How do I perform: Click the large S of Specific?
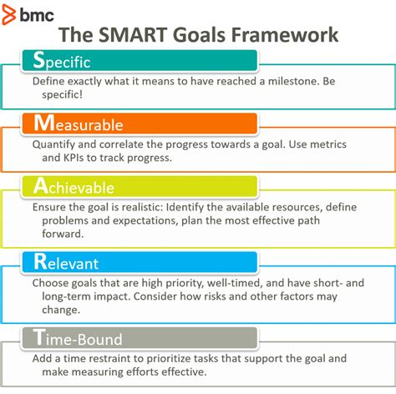click(38, 60)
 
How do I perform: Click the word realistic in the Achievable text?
click(176, 206)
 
